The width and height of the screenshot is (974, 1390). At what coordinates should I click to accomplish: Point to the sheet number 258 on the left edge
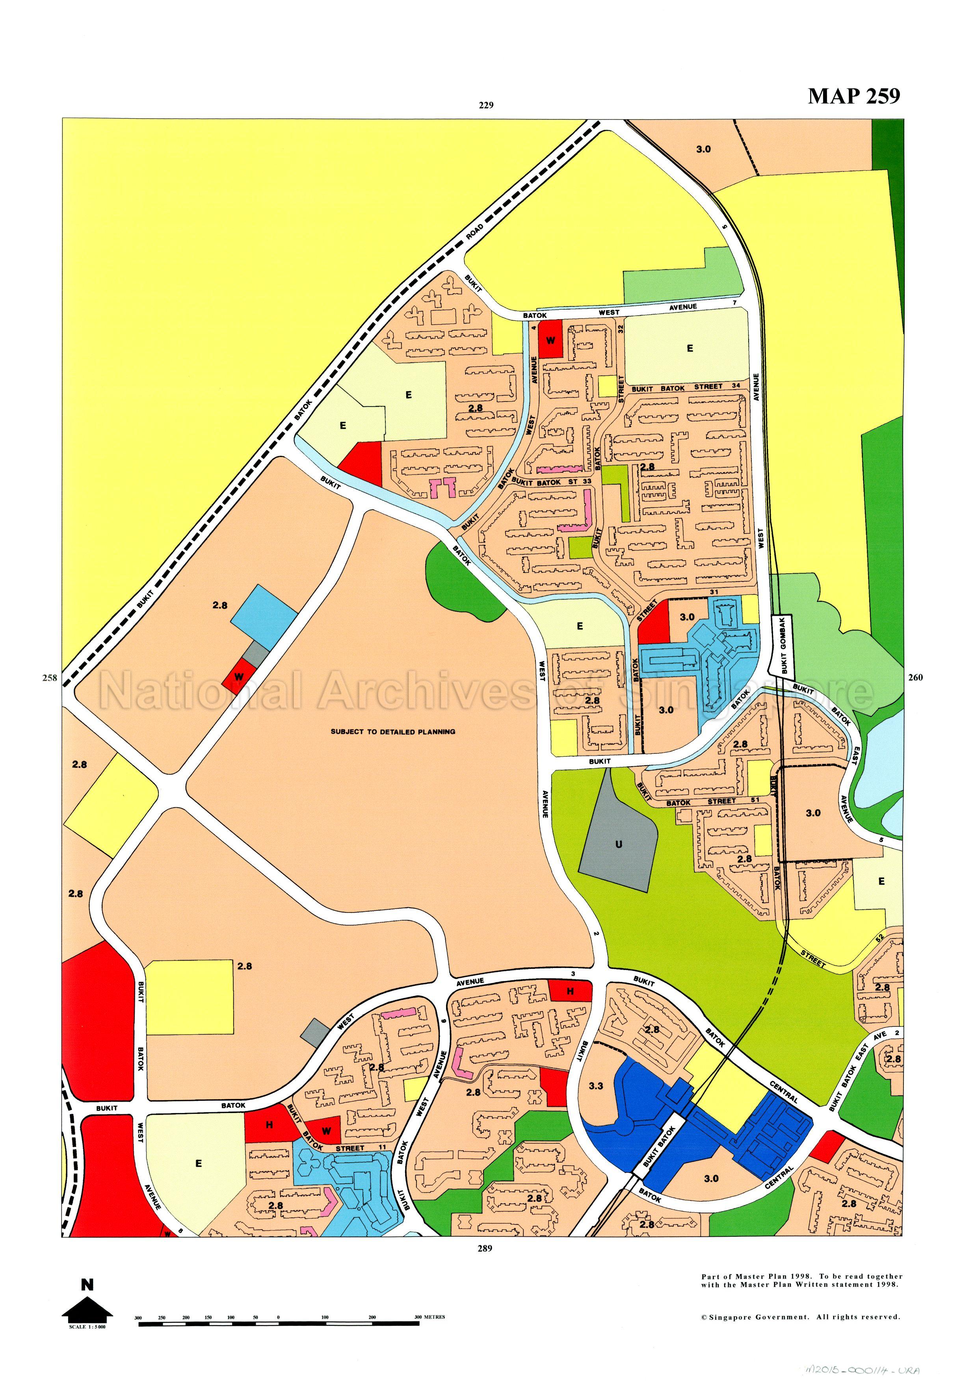[x=50, y=677]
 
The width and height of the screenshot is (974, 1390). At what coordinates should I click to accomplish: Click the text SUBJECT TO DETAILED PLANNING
[x=392, y=731]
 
